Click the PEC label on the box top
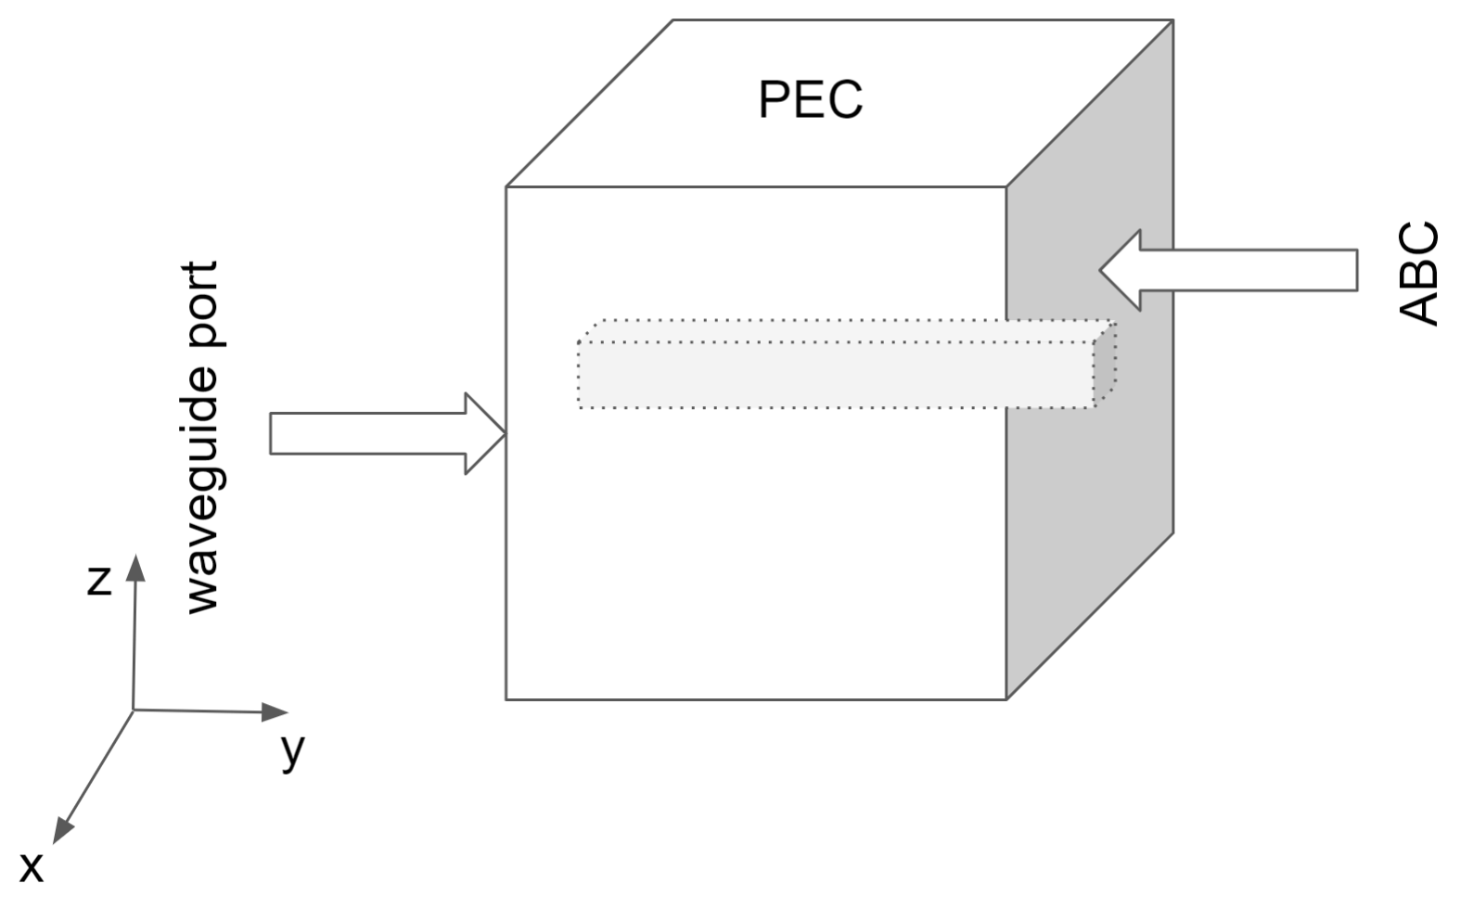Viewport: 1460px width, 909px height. (x=810, y=99)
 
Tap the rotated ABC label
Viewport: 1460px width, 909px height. (x=1418, y=275)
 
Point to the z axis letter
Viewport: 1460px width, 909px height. (x=99, y=580)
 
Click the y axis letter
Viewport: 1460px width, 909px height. (x=293, y=749)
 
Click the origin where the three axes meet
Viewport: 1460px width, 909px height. (x=134, y=710)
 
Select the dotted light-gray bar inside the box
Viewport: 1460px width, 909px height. (x=835, y=375)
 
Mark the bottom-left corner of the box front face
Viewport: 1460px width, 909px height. (x=506, y=699)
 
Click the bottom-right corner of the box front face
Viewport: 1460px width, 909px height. (x=1006, y=699)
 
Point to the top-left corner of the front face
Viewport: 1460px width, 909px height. (x=506, y=187)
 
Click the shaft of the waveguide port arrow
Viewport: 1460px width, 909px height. (x=366, y=434)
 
